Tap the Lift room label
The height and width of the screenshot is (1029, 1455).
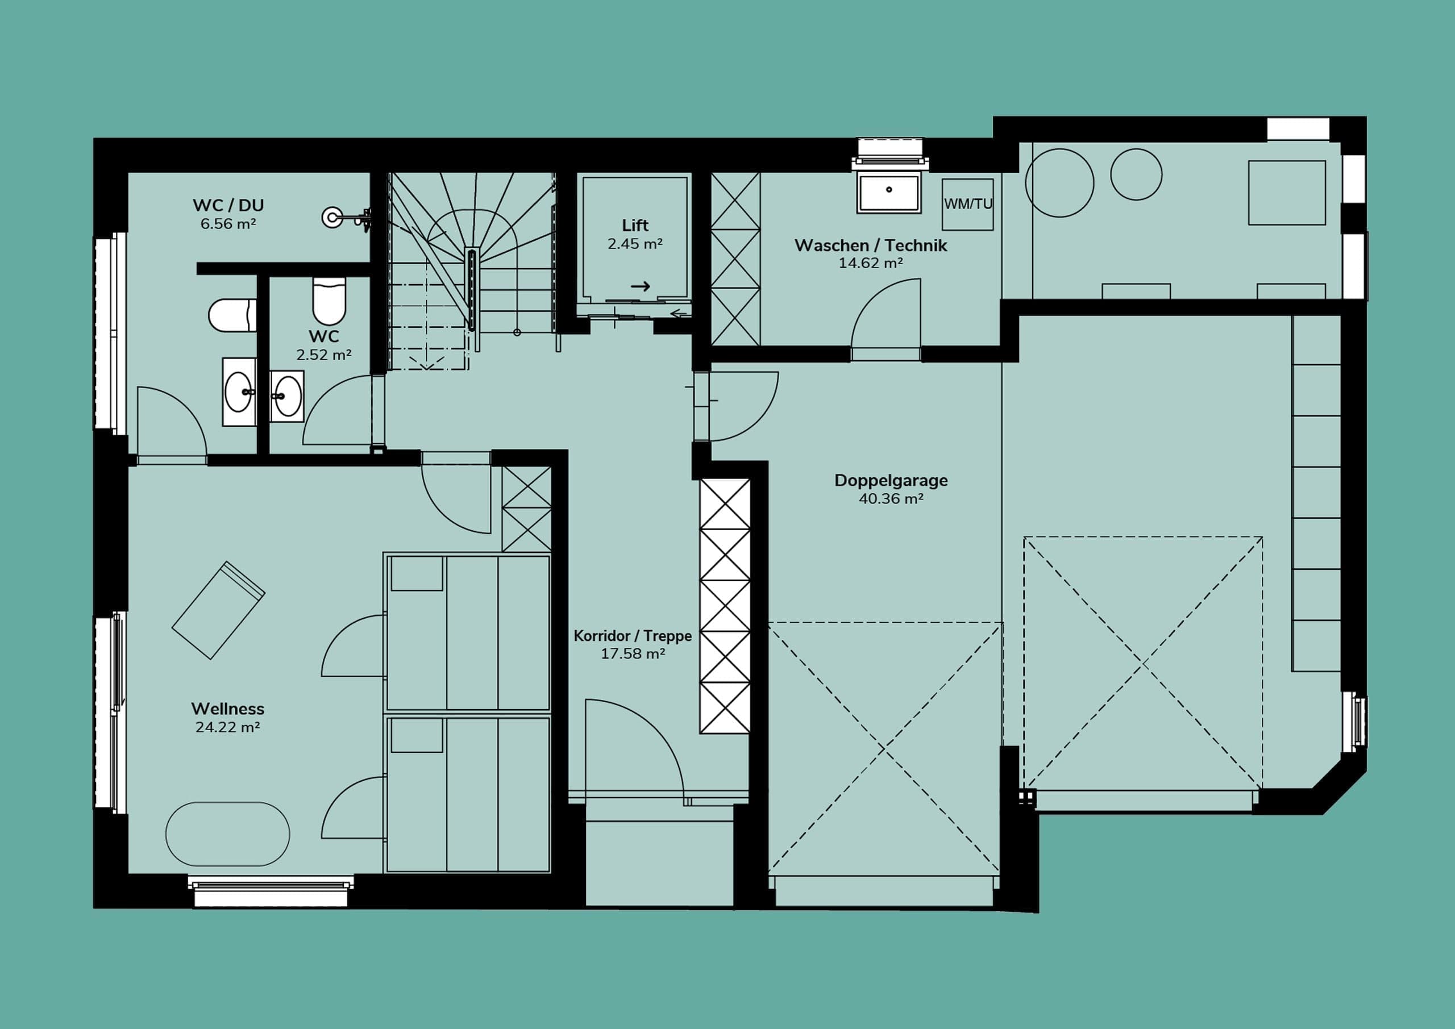click(x=635, y=225)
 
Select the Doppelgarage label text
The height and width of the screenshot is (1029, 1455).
click(x=891, y=480)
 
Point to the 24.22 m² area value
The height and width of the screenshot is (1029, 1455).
click(x=227, y=727)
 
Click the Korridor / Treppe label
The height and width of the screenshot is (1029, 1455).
click(x=633, y=635)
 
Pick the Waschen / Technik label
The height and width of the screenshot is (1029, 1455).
click(x=871, y=245)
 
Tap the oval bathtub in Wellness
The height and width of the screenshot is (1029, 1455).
click(x=227, y=834)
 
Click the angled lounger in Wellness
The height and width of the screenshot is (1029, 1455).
click(x=219, y=610)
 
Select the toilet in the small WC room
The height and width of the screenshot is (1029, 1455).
click(x=329, y=301)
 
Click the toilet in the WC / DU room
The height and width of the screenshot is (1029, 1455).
click(x=232, y=315)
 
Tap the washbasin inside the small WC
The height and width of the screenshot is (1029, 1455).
click(x=287, y=397)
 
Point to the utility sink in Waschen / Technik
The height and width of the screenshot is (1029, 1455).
click(x=889, y=192)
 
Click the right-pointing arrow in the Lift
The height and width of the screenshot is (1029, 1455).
click(x=641, y=286)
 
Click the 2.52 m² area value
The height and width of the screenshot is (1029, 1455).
click(x=324, y=355)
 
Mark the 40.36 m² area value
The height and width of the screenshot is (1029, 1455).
click(x=891, y=499)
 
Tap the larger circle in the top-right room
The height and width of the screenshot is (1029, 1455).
click(x=1059, y=183)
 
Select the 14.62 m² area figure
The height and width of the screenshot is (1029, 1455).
click(x=871, y=263)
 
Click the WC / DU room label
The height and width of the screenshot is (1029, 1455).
click(x=228, y=205)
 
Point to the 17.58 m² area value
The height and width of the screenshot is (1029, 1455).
click(x=633, y=653)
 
